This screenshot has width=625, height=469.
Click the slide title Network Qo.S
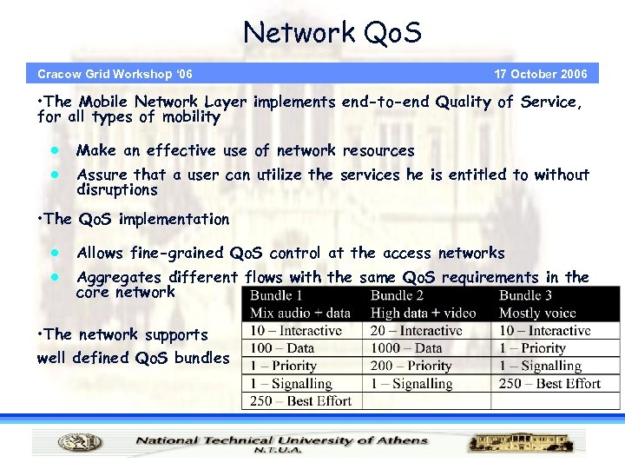(332, 33)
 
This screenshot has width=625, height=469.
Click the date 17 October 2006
(540, 74)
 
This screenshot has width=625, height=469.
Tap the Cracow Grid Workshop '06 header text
(115, 74)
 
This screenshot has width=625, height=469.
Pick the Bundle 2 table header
(397, 296)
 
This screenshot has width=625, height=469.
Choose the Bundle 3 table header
(525, 296)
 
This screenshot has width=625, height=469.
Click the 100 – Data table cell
(282, 348)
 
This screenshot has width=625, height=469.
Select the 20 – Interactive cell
(416, 331)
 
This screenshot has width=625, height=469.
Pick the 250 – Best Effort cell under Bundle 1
(300, 400)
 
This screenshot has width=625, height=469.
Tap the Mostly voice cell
(538, 313)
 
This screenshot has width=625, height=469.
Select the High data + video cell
(424, 313)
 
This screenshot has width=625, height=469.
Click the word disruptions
(117, 190)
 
